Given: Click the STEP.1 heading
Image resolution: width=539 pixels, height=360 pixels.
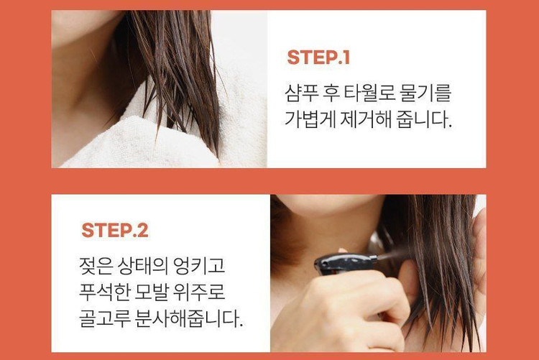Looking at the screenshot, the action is pos(318,57).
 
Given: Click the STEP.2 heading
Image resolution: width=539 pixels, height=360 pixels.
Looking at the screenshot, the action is pos(115,230).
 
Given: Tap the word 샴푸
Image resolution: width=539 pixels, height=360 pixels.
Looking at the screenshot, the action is pos(301,93).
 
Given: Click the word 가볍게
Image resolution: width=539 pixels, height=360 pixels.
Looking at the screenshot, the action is pos(310,119).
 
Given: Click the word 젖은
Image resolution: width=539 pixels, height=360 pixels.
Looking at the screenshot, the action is pos(96,265).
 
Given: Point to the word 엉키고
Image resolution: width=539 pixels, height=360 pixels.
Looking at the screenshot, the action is pos(199,265).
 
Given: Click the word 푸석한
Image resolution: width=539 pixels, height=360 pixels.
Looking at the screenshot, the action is pos(103,292).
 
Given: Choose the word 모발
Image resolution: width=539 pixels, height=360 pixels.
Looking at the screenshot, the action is pos(151,292).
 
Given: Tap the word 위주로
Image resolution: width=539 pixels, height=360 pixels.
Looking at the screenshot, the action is pos(199,292).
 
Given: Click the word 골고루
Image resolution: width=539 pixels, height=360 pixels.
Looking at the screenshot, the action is pos(104,318).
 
